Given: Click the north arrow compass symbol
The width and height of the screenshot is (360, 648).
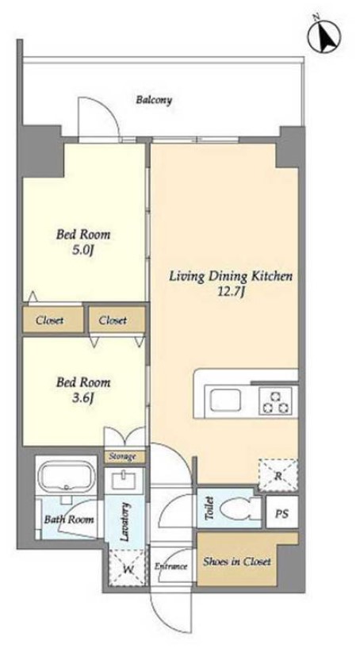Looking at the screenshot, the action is click(x=324, y=35).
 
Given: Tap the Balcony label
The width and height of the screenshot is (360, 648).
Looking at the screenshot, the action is click(x=154, y=100).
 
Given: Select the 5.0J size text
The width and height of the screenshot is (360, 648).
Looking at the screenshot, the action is click(x=84, y=251).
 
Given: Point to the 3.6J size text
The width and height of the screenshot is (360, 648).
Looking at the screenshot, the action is click(x=84, y=398).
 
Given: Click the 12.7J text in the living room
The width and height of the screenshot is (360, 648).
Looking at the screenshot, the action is click(x=232, y=292).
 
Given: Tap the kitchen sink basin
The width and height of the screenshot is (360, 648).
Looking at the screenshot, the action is click(x=225, y=401).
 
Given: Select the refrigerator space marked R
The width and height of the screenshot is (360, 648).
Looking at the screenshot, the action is click(x=278, y=475).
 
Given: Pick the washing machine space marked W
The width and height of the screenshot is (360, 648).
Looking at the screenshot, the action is click(x=128, y=567).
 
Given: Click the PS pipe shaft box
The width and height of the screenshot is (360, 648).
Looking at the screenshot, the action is click(x=281, y=513).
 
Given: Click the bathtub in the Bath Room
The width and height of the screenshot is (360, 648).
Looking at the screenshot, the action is click(x=65, y=476).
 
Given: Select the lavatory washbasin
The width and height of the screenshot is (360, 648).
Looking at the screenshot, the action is click(x=124, y=481).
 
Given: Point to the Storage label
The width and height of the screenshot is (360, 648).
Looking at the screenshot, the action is click(x=122, y=456).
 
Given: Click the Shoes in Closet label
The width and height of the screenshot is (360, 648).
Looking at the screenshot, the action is click(x=237, y=562).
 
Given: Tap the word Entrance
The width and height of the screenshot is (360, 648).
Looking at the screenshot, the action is click(x=171, y=566).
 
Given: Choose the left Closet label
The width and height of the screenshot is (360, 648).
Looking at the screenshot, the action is click(x=49, y=320).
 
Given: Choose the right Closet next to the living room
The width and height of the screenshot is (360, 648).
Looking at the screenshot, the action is click(x=113, y=320).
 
